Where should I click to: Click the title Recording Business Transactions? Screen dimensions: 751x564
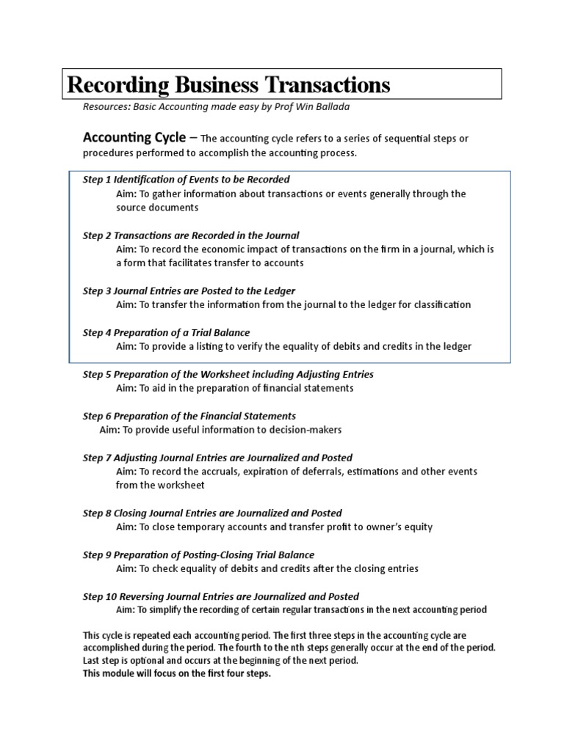228,84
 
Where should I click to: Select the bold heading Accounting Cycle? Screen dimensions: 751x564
134,137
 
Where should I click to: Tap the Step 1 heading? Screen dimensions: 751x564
186,179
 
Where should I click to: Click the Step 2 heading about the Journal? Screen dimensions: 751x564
191,235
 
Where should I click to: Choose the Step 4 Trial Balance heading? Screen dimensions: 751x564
166,332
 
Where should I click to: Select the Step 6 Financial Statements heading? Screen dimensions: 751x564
189,416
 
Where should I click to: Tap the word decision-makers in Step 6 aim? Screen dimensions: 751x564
303,430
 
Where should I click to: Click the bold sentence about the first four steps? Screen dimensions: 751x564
177,674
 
